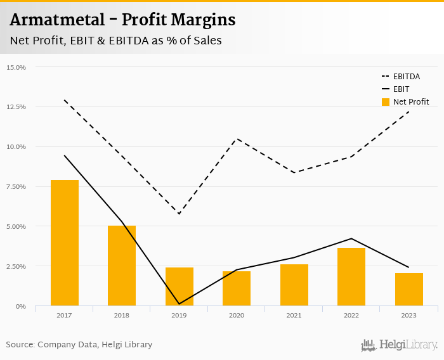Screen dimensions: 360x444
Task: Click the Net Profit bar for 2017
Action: click(x=65, y=243)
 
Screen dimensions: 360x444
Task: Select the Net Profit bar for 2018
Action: click(x=122, y=266)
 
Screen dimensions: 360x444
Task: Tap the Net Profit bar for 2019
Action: click(x=179, y=286)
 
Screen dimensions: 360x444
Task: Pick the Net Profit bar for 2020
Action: click(x=237, y=288)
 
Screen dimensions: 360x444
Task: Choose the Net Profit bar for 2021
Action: click(x=294, y=285)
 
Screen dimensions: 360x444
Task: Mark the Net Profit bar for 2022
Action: click(x=351, y=277)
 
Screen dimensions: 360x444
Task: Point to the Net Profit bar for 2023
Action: click(x=408, y=290)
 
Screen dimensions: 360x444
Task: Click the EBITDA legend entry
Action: click(x=407, y=77)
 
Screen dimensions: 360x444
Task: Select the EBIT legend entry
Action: click(x=401, y=89)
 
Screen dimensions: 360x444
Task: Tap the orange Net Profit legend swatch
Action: click(x=385, y=101)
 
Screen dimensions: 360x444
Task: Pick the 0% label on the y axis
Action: click(x=20, y=307)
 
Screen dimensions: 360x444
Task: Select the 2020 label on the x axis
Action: click(x=237, y=315)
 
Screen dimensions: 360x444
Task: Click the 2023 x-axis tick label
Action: click(x=408, y=315)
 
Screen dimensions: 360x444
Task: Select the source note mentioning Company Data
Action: click(x=79, y=345)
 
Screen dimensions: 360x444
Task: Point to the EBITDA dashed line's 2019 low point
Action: click(x=179, y=214)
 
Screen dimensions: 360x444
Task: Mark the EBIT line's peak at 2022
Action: click(x=351, y=238)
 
